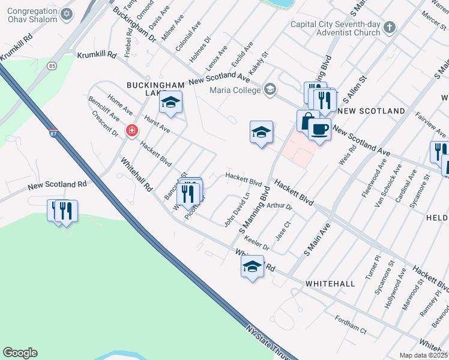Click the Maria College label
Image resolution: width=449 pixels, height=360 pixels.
click(235, 91)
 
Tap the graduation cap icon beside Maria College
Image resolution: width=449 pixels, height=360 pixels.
click(270, 90)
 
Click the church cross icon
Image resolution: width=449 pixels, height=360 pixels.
click(390, 27)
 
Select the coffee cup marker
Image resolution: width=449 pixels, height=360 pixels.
click(320, 128)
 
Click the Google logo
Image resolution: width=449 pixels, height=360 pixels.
click(20, 353)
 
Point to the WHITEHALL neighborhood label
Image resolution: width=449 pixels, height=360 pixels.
click(330, 283)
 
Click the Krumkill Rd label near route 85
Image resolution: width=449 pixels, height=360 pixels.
click(97, 55)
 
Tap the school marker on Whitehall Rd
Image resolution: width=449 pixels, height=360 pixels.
click(253, 267)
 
